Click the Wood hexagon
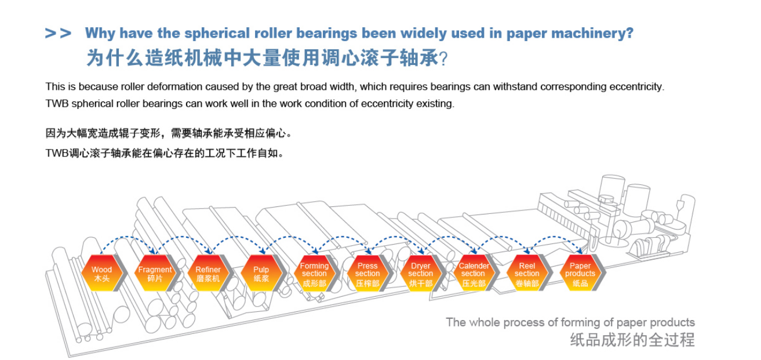[101, 273]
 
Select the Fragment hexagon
[155, 273]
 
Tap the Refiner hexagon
[208, 273]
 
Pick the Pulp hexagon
[261, 273]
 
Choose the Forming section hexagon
[314, 273]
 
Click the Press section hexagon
[367, 273]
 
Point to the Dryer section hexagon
[421, 273]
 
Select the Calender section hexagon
[474, 273]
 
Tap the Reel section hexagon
[527, 273]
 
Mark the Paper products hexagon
[580, 273]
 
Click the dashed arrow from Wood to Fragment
[128, 237]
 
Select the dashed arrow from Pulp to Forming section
[290, 237]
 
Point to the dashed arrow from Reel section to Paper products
[555, 237]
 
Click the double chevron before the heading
[58, 33]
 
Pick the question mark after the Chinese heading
[443, 59]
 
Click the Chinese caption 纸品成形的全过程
[632, 340]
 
